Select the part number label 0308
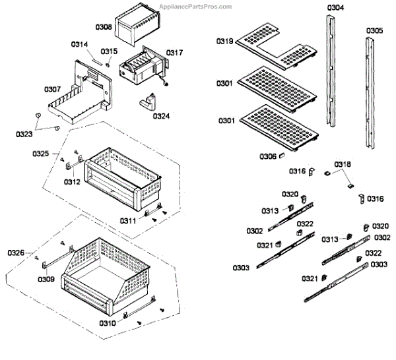(x=104, y=27)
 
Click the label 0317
(x=174, y=52)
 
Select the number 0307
(x=53, y=90)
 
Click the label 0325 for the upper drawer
(x=41, y=154)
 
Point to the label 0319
(x=224, y=42)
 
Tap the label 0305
(x=374, y=30)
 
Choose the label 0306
(x=268, y=156)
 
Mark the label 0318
(x=343, y=164)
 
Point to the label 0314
(x=79, y=44)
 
